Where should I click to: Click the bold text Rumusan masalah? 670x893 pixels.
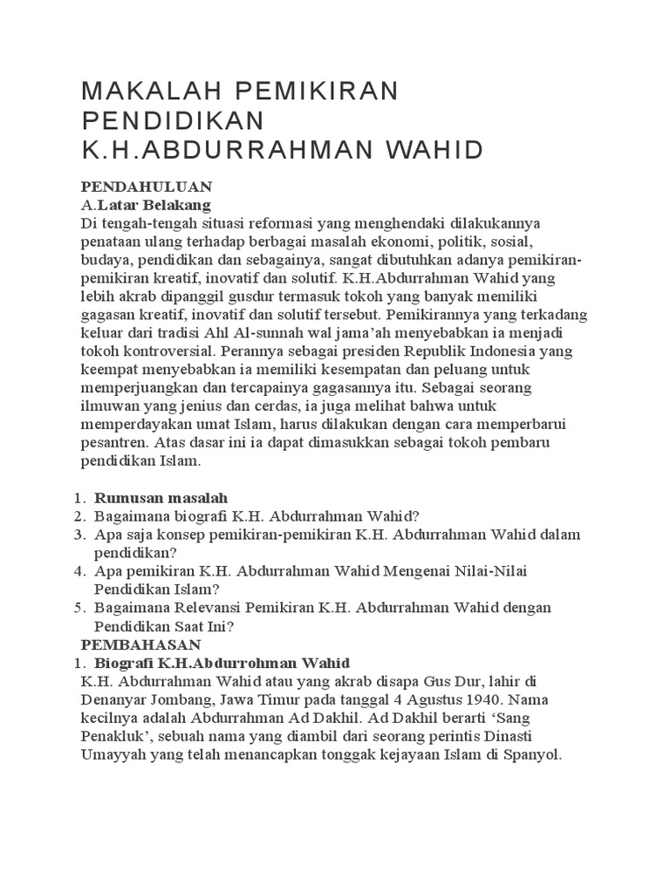(x=161, y=498)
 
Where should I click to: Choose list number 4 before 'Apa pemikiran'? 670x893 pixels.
(x=79, y=571)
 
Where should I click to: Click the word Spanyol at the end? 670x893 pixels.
(x=533, y=755)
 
